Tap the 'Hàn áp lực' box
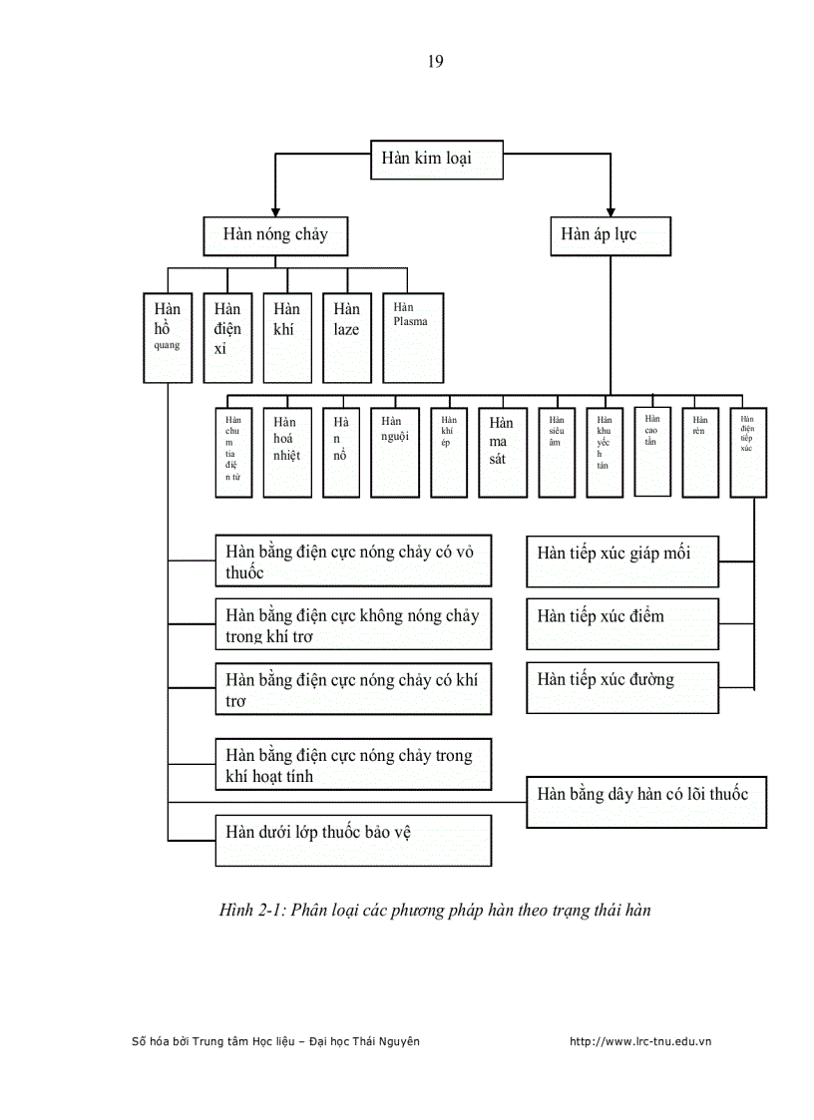point(610,236)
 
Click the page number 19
point(435,62)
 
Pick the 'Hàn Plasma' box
point(413,337)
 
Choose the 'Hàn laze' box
point(347,337)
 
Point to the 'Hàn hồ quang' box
point(168,337)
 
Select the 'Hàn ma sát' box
point(502,452)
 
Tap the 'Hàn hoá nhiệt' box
point(287,452)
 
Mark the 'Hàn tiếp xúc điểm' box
point(622,623)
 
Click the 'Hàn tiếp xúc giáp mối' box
point(622,561)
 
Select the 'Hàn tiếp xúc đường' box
point(622,687)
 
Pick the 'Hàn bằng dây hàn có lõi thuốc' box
point(646,801)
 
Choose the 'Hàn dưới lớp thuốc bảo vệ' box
point(353,840)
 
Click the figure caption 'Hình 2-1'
point(435,910)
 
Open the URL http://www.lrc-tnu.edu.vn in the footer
point(639,1041)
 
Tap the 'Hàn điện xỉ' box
point(227,337)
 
